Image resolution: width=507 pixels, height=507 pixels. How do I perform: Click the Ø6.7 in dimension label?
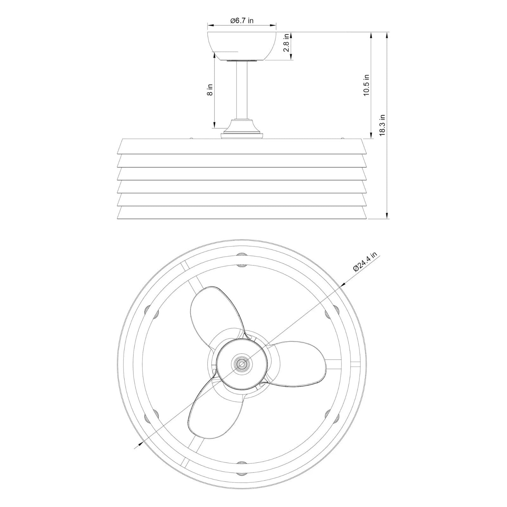pyautogui.click(x=242, y=21)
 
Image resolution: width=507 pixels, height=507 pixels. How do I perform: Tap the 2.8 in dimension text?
pyautogui.click(x=286, y=43)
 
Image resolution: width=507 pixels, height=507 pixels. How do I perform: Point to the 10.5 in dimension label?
pyautogui.click(x=367, y=85)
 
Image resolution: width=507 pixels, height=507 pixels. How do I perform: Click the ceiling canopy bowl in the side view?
pyautogui.click(x=242, y=46)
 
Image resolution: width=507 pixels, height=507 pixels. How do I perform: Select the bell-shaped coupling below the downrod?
pyautogui.click(x=242, y=129)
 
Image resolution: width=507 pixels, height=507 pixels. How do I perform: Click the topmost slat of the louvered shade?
pyautogui.click(x=242, y=146)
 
